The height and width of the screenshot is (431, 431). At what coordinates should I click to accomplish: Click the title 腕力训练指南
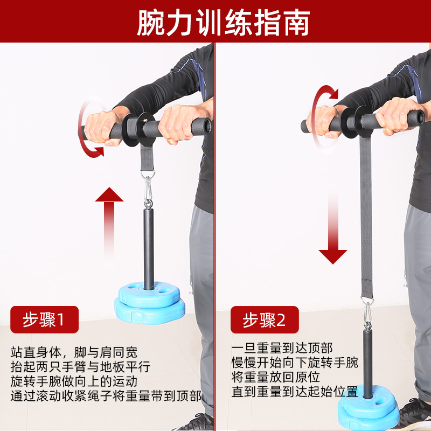pyautogui.click(x=215, y=23)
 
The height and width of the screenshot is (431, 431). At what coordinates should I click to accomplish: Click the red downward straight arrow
pyautogui.click(x=332, y=232)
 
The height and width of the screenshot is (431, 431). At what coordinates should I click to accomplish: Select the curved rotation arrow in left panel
pyautogui.click(x=89, y=129)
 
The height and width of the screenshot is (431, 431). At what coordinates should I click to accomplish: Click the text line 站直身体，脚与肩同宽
pyautogui.click(x=74, y=353)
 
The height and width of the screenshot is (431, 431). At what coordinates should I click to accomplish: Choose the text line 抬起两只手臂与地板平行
pyautogui.click(x=81, y=367)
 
